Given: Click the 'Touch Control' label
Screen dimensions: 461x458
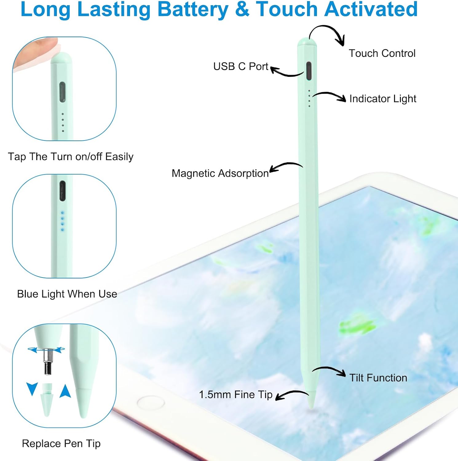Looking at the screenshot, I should (382, 53).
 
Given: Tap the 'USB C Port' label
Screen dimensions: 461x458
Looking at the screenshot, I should (241, 66).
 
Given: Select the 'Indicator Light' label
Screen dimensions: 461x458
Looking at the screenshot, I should (383, 99).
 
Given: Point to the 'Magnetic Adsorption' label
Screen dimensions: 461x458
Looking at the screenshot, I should (220, 173).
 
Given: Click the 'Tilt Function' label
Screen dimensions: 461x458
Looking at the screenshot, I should (378, 378).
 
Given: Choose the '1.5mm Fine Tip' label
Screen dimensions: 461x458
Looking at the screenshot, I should (235, 395).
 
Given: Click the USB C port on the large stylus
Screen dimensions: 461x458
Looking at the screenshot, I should (309, 71).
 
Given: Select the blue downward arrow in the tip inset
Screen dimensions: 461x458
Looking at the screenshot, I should (32, 388).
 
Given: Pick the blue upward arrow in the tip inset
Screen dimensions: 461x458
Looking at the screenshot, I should (65, 391).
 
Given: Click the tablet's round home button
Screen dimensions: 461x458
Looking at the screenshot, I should (151, 403).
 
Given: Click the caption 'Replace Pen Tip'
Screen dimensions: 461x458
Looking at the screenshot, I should (61, 443).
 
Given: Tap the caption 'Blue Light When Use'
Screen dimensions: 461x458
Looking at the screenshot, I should (67, 294).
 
